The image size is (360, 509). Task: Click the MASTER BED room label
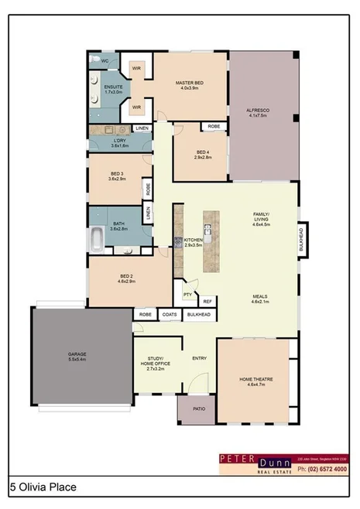click(190, 84)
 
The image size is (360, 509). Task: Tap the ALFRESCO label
click(258, 111)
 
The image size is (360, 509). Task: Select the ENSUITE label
click(103, 87)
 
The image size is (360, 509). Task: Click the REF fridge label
click(207, 301)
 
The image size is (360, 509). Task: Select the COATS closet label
click(169, 315)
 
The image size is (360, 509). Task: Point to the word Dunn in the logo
click(268, 459)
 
